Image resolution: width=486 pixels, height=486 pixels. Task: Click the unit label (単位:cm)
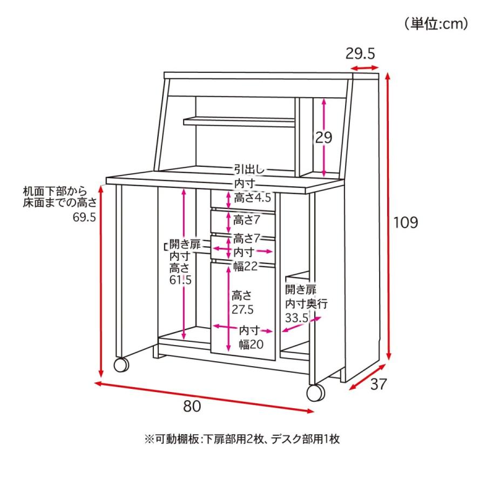point(436,24)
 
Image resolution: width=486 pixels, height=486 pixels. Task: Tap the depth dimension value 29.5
point(360,54)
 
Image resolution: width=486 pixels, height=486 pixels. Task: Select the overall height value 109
point(406,222)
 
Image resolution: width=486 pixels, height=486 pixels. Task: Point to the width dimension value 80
point(192,406)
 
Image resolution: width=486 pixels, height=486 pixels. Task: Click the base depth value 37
point(379,384)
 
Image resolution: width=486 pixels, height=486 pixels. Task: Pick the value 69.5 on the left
point(84,217)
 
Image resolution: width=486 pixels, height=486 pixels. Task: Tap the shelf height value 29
point(323,137)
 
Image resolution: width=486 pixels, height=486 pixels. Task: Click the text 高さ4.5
point(252,198)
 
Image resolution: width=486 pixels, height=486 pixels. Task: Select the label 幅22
point(246,266)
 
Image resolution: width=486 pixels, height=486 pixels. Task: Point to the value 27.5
point(242,309)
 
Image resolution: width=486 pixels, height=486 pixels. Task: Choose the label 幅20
point(251,344)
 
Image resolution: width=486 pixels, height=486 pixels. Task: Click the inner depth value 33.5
point(297,318)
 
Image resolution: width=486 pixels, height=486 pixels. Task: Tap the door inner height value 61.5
point(181,280)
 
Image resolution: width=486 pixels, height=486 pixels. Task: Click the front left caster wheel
point(121,365)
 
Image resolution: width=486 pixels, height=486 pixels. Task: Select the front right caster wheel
point(316,393)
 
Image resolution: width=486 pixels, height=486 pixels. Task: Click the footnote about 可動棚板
point(242,439)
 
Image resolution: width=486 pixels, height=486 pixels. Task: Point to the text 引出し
point(249,170)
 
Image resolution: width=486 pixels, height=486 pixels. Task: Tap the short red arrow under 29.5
point(364,67)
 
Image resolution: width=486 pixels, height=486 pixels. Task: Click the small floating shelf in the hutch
point(239,122)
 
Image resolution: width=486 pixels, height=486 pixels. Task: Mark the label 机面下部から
point(55,191)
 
